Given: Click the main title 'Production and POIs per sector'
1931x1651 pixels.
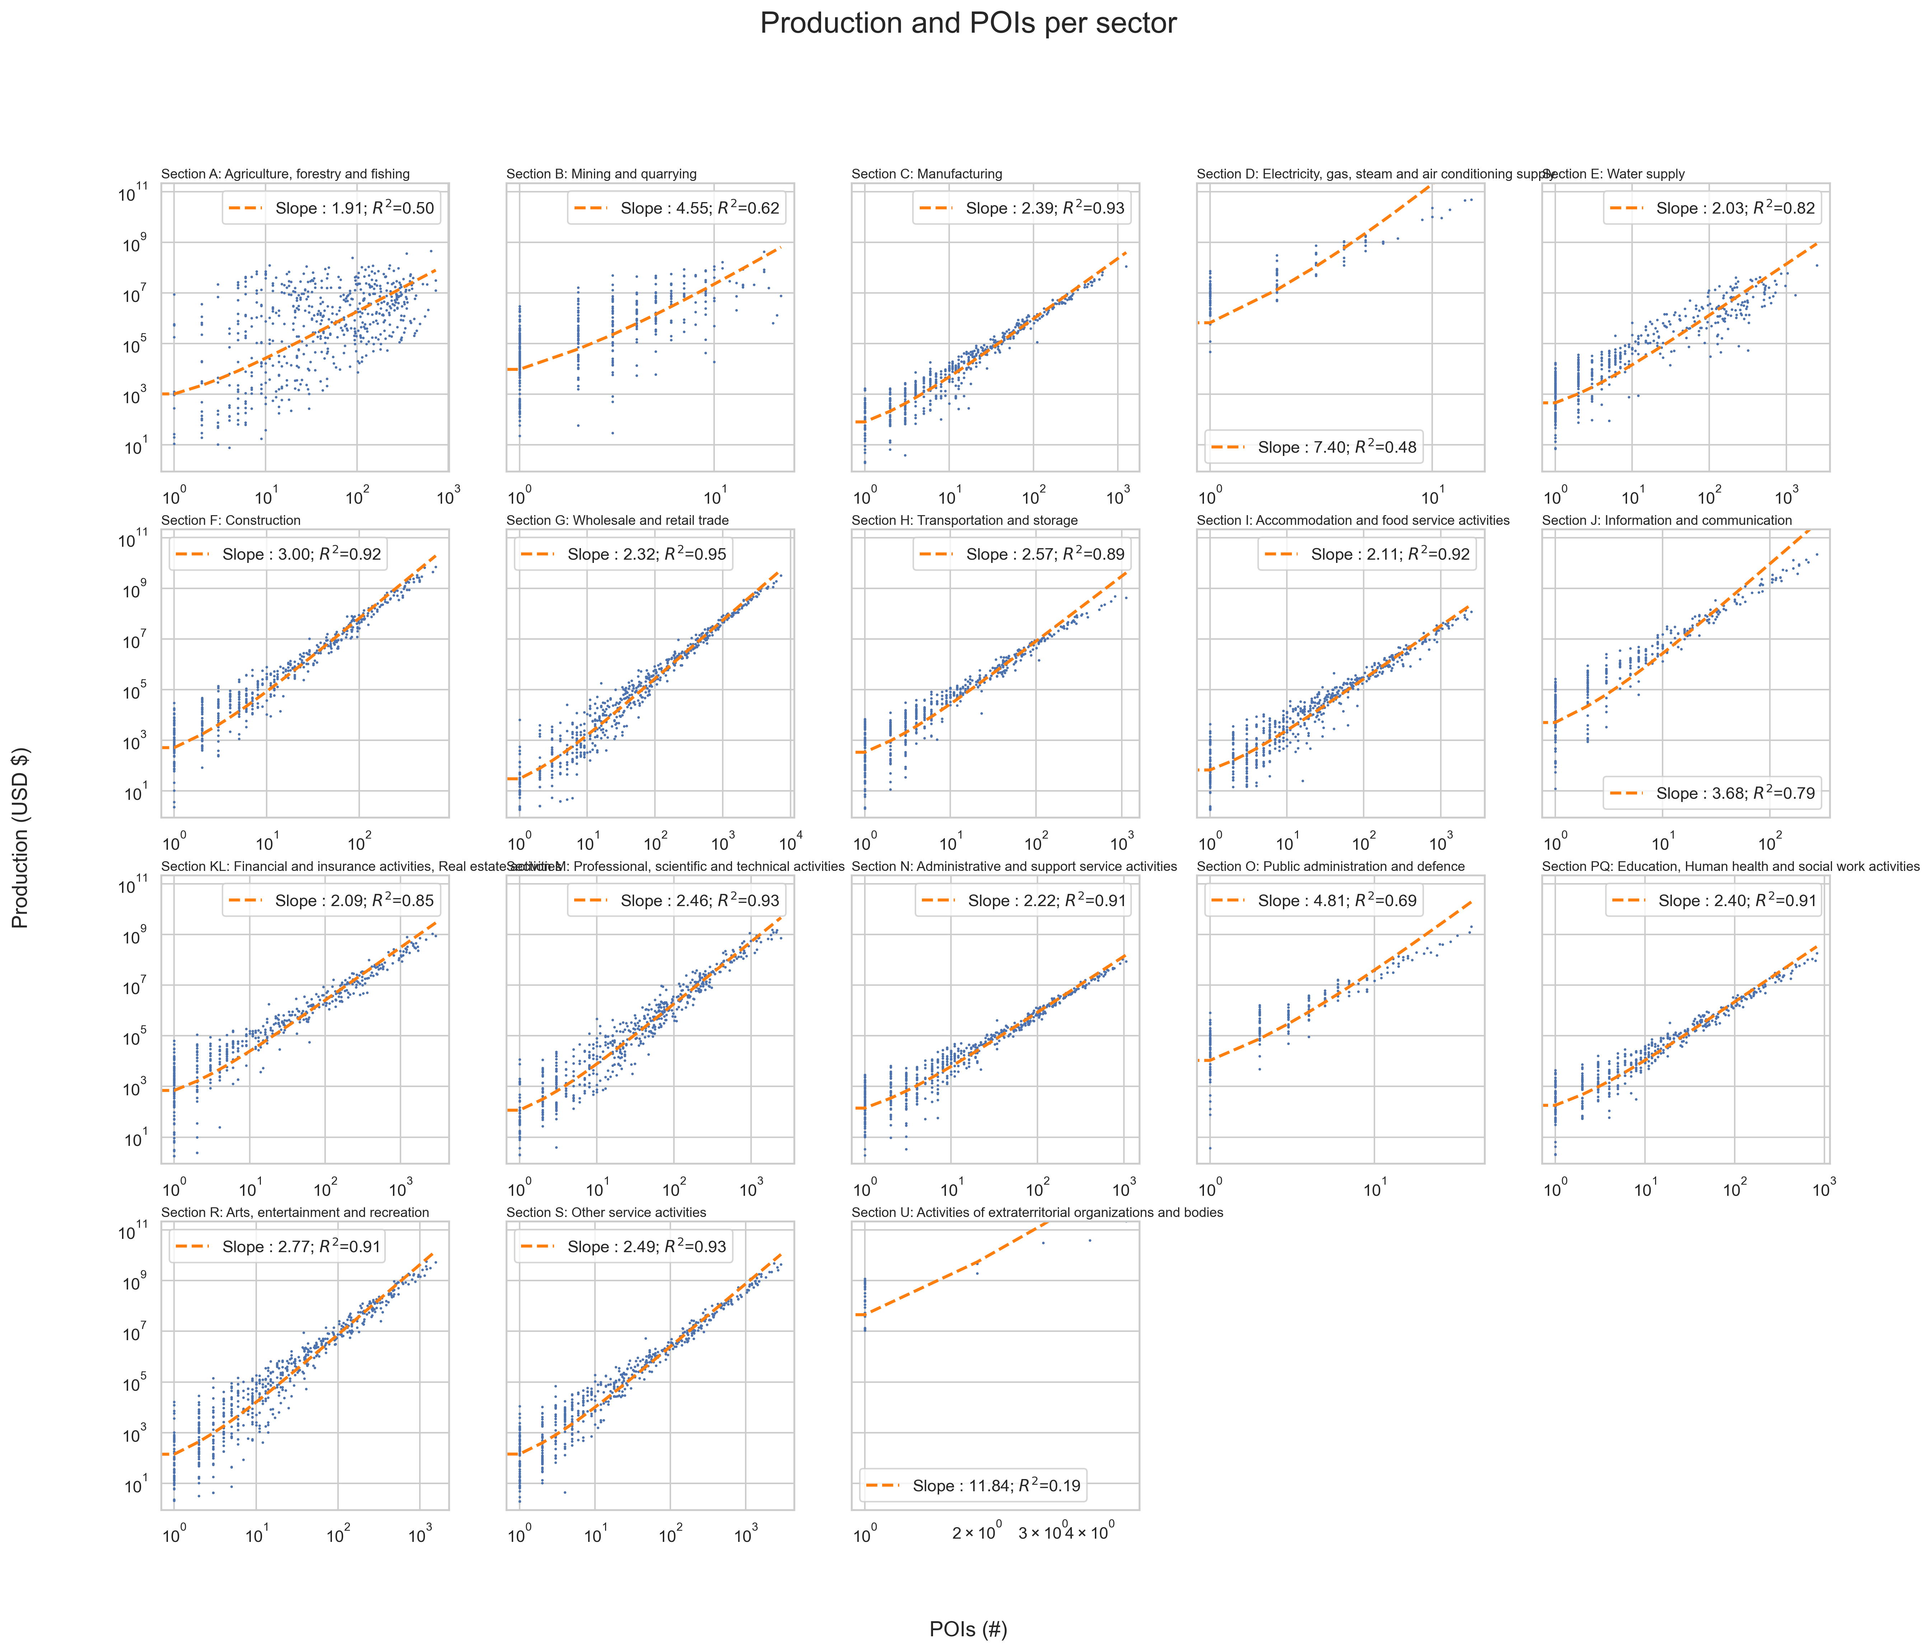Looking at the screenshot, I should pos(967,23).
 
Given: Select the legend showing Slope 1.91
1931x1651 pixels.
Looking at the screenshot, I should pos(331,208).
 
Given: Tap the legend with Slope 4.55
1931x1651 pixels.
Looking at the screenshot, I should pos(676,208).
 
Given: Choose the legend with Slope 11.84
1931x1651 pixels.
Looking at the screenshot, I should pos(972,1485).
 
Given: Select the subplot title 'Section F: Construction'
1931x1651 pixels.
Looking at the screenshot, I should pos(231,520).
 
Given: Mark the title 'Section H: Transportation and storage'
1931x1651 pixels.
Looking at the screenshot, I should pos(965,520).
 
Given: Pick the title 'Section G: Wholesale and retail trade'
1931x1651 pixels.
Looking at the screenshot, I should pos(617,520).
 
